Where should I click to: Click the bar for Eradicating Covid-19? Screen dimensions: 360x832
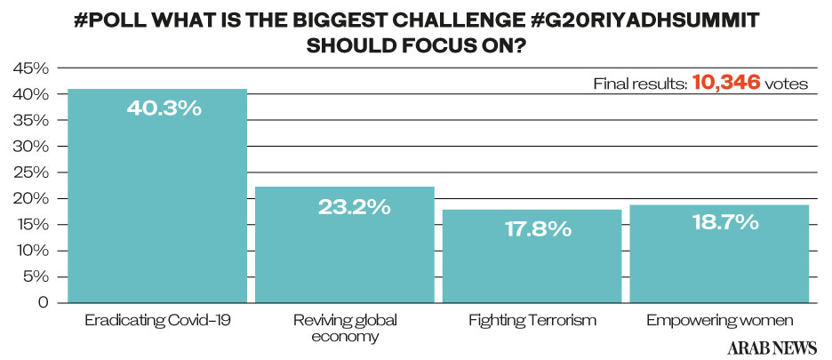click(156, 204)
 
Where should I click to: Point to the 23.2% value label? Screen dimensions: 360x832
click(353, 207)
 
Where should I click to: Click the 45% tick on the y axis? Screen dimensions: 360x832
click(31, 68)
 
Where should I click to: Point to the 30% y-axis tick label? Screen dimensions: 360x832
click(31, 146)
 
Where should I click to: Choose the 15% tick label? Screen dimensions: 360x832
click(31, 224)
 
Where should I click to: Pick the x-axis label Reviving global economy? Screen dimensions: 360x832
click(345, 327)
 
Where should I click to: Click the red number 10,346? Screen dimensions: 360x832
click(726, 84)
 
